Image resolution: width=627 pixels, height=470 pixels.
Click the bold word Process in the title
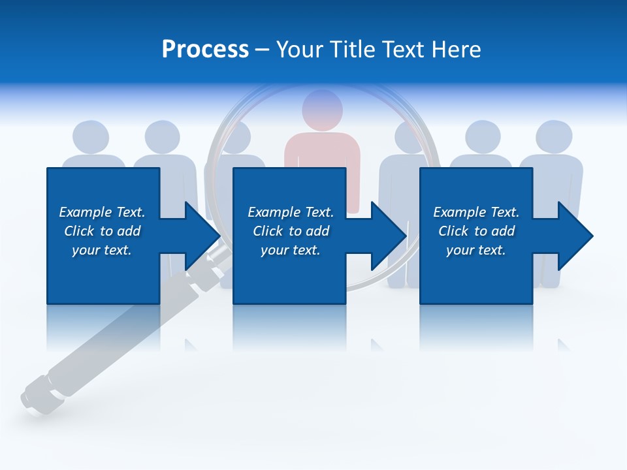tap(205, 50)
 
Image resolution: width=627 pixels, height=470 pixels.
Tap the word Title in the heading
tap(352, 50)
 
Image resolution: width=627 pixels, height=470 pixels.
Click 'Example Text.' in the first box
tap(102, 212)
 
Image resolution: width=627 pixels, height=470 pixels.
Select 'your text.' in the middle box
tap(290, 250)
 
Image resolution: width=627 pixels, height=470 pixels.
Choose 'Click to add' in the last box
tap(476, 231)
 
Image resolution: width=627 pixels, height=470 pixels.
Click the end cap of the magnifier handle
tap(31, 396)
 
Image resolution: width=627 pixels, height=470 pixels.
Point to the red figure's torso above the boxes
tap(322, 149)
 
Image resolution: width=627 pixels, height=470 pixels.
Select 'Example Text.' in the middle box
tap(291, 212)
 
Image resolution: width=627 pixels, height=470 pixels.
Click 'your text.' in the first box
tap(102, 250)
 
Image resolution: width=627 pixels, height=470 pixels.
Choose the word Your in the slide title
tap(300, 50)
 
